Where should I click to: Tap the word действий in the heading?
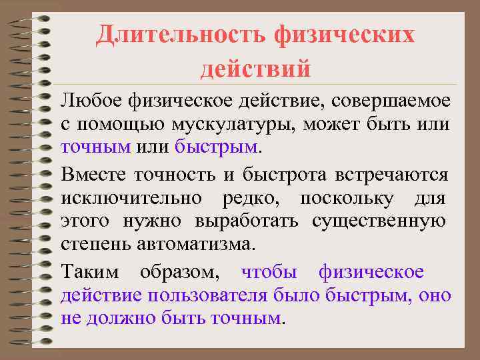point(255,67)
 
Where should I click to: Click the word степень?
point(95,243)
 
